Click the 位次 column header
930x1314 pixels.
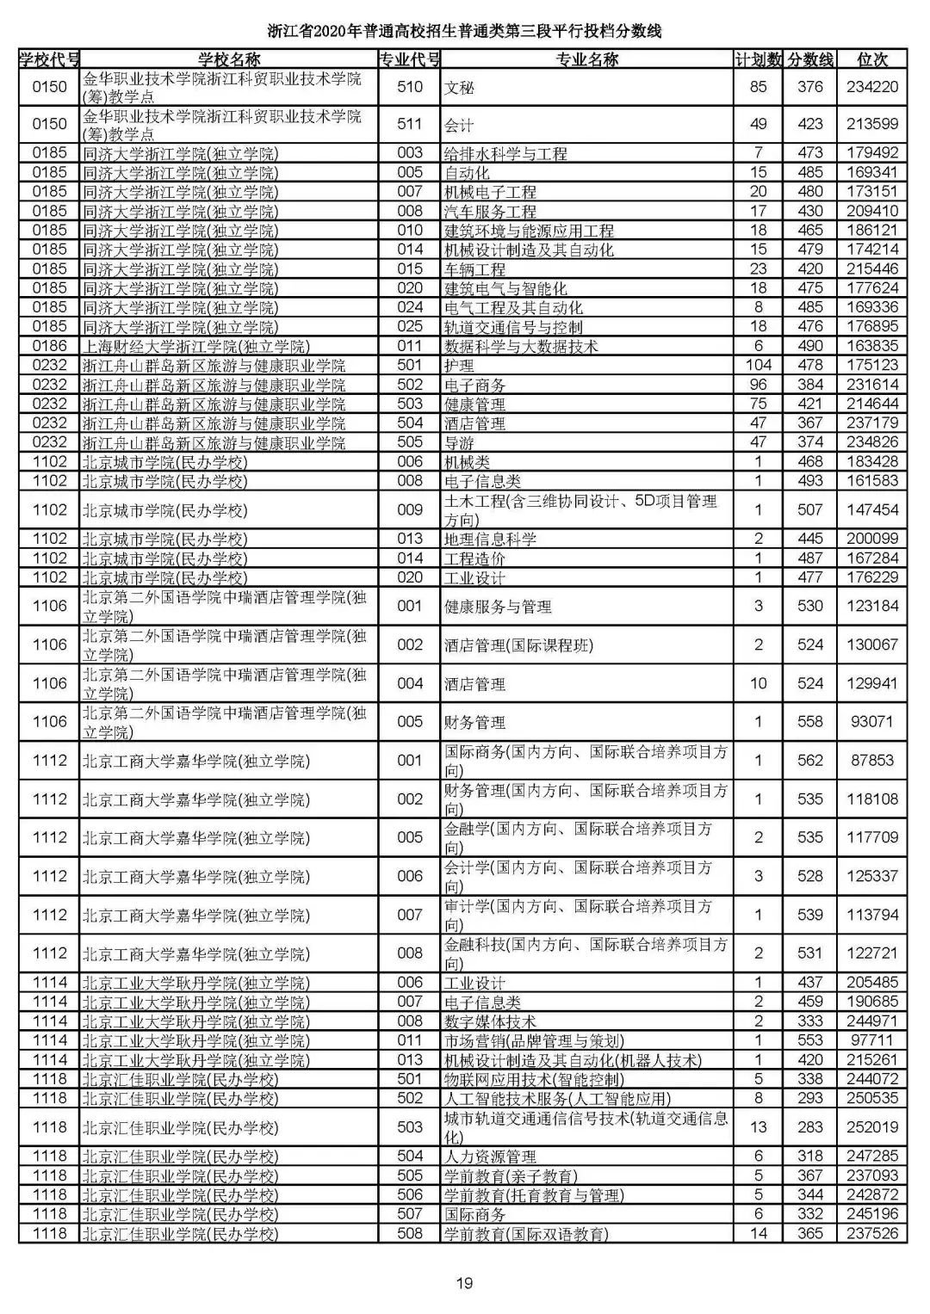pyautogui.click(x=872, y=59)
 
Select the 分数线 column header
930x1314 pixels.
pyautogui.click(x=809, y=59)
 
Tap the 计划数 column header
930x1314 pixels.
pyautogui.click(x=758, y=59)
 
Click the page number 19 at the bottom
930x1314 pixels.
pyautogui.click(x=464, y=1284)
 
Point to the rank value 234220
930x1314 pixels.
pyautogui.click(x=872, y=87)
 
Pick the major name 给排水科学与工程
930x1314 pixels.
pyautogui.click(x=505, y=154)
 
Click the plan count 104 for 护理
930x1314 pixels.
pyautogui.click(x=758, y=365)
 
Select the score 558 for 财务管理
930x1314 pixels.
pyautogui.click(x=809, y=722)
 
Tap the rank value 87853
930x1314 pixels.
pyautogui.click(x=872, y=761)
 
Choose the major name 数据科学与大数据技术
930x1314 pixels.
pyautogui.click(x=521, y=346)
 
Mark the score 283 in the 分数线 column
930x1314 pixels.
pyautogui.click(x=809, y=1127)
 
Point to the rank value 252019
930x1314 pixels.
pyautogui.click(x=872, y=1127)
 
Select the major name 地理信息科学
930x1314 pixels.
pyautogui.click(x=490, y=539)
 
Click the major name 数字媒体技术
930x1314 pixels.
pyautogui.click(x=490, y=1021)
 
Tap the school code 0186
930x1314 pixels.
pyautogui.click(x=49, y=346)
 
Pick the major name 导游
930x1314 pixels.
pyautogui.click(x=459, y=442)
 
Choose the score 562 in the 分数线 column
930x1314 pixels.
pyautogui.click(x=809, y=761)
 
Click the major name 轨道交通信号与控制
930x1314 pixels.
pyautogui.click(x=513, y=327)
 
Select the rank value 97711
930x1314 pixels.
pyautogui.click(x=872, y=1040)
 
